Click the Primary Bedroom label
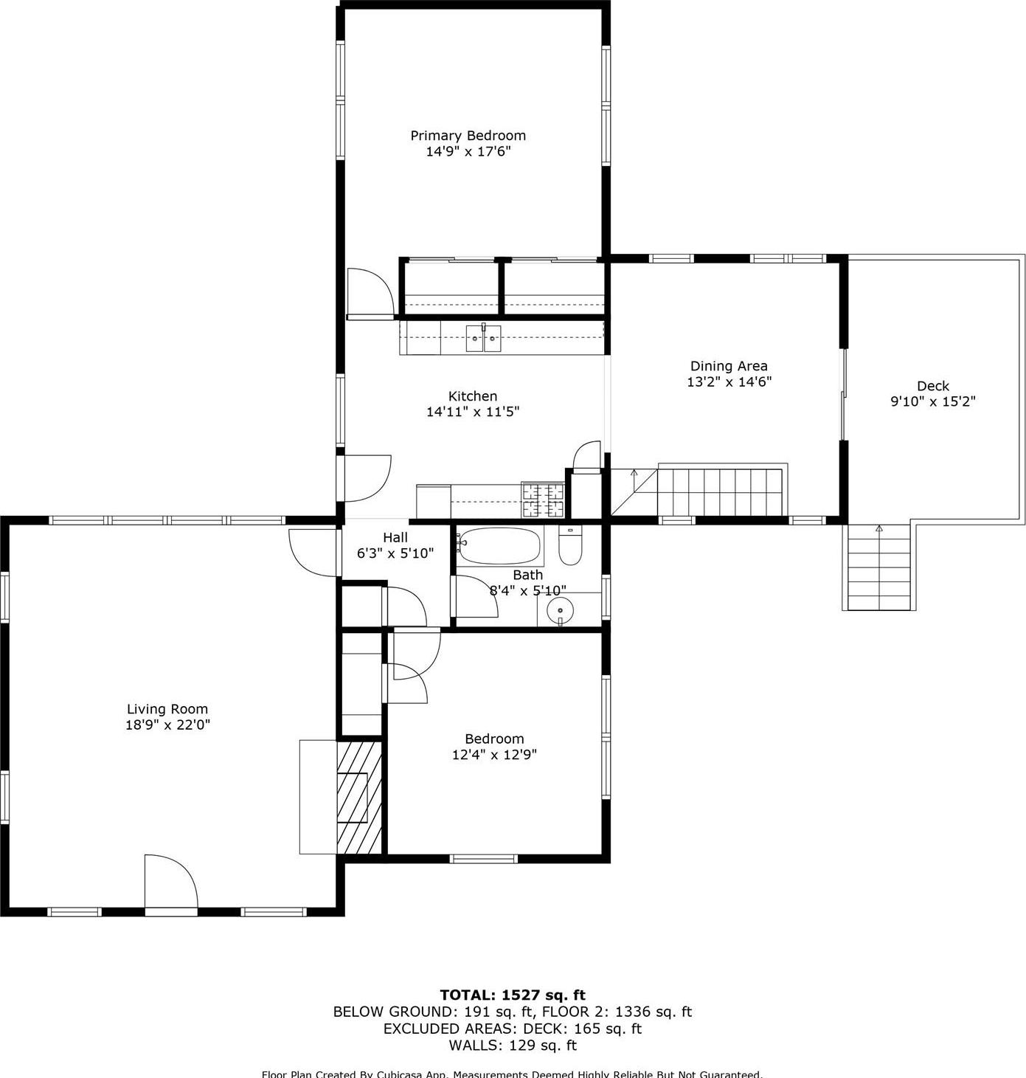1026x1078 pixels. (468, 136)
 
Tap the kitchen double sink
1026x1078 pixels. (483, 339)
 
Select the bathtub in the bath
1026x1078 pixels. (499, 546)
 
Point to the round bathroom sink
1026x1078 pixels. (560, 611)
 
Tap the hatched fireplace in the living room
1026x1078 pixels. (360, 798)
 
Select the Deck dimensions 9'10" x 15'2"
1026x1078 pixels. (933, 402)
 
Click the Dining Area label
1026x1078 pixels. (728, 366)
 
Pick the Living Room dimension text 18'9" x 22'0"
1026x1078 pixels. (167, 725)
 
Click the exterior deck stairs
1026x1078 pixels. (878, 567)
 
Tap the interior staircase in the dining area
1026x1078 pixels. (719, 491)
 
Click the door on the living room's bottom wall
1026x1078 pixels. (171, 885)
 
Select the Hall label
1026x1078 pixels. (395, 538)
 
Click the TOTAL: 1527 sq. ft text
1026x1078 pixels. (513, 995)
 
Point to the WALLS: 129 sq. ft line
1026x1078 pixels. (513, 1046)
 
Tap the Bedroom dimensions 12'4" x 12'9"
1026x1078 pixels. (494, 755)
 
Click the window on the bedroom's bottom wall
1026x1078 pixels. (483, 858)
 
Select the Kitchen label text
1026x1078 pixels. (473, 396)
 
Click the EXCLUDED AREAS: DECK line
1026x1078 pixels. (513, 1029)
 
